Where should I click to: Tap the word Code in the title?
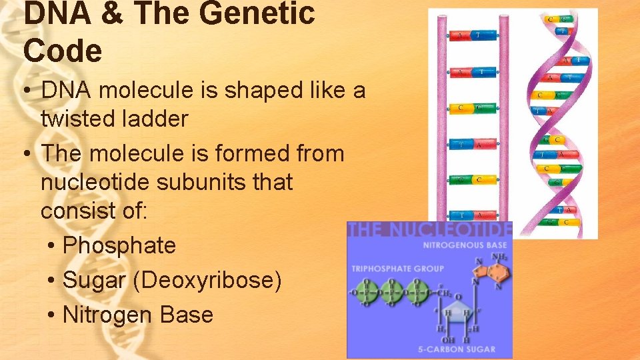(63, 51)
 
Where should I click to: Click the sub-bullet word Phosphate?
(119, 245)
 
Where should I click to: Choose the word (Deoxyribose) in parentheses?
(207, 280)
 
